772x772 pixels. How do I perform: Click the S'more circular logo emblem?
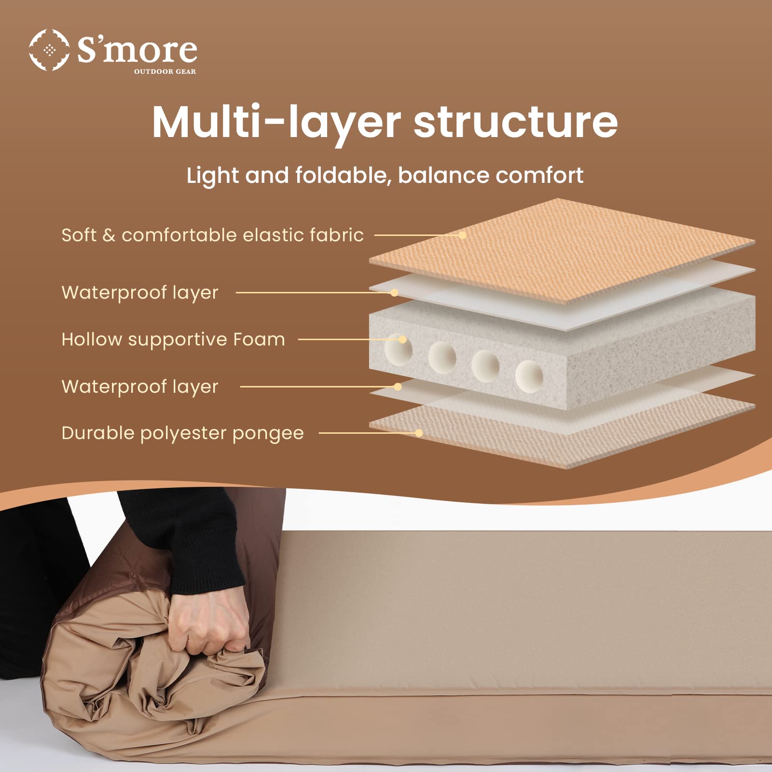(x=49, y=50)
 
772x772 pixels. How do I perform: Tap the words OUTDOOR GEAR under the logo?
(x=165, y=71)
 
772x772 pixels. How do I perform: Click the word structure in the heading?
(x=515, y=122)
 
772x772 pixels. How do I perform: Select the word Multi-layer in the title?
(x=276, y=122)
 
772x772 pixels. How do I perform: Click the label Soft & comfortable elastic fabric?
(x=212, y=235)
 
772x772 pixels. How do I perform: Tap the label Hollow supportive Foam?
(x=173, y=339)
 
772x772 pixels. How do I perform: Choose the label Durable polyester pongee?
(x=182, y=433)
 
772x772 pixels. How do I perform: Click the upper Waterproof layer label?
(x=140, y=292)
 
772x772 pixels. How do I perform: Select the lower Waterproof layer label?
(x=140, y=386)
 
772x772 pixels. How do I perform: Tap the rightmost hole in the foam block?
(x=529, y=375)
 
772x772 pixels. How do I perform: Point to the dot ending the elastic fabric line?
(x=462, y=235)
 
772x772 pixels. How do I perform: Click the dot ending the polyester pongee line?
(x=419, y=433)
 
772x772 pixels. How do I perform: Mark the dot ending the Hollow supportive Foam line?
(x=402, y=340)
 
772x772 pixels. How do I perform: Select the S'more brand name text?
(x=138, y=50)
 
